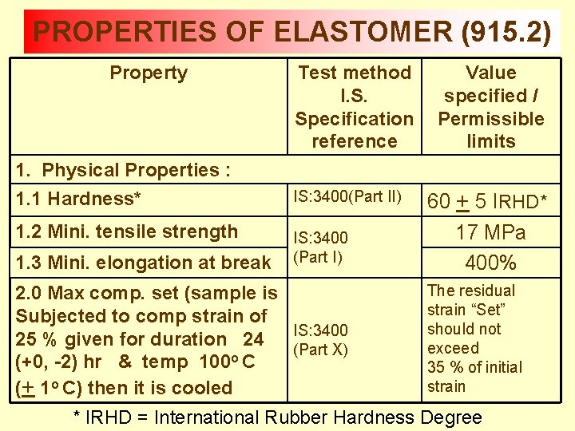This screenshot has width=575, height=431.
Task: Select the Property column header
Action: pos(149,73)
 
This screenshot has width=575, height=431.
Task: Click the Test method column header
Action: pos(354,73)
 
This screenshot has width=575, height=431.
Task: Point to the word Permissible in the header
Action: pos(490,119)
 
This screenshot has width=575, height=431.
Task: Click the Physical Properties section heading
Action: pos(136,170)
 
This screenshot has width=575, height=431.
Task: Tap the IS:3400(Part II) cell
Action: pos(347,196)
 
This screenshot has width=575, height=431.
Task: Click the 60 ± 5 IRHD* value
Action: pos(487,202)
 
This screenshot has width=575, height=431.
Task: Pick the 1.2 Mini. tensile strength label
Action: pos(126,232)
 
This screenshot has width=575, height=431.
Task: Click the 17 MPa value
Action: pos(490,233)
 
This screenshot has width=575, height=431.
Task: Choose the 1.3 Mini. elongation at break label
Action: pos(143,263)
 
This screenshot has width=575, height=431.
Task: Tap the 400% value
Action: pos(490,262)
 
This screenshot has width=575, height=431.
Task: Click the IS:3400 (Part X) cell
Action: pos(321,340)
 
